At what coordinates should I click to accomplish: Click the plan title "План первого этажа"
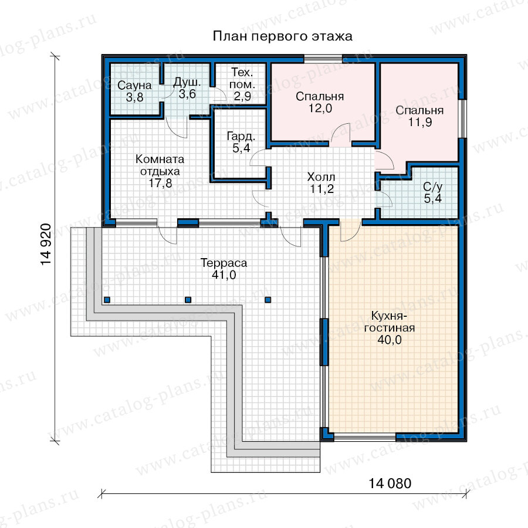pos(283,36)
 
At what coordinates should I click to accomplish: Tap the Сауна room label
pos(134,85)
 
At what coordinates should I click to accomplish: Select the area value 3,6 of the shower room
pos(187,94)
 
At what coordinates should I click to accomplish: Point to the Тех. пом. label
pos(242,79)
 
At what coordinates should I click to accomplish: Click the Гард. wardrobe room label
pos(241,136)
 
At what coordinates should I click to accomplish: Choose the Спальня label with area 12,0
pos(320,97)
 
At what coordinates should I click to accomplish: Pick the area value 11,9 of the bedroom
pos(420,122)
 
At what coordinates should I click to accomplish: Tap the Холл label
pos(321,177)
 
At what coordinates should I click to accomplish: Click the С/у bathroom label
pos(433,187)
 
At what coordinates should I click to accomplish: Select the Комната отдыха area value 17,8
pos(160,183)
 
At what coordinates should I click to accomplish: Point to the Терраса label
pos(224,263)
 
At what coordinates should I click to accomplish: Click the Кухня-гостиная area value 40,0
pos(390,340)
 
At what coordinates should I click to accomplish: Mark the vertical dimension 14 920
pos(46,244)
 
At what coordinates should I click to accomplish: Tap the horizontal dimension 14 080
pos(390,483)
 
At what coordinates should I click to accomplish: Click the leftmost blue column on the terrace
pos(107,300)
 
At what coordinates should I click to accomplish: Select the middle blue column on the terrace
pos(188,300)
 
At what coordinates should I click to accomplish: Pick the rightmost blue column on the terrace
pos(268,300)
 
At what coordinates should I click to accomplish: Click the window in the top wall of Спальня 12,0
pos(323,59)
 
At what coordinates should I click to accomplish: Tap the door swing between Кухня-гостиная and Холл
pos(350,232)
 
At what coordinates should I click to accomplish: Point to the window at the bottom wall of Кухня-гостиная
pos(365,437)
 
